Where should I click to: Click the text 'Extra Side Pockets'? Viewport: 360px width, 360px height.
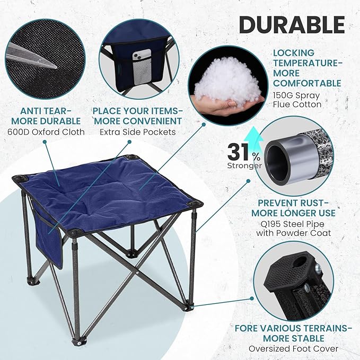click(138, 131)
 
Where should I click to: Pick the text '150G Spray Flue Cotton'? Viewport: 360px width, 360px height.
click(297, 100)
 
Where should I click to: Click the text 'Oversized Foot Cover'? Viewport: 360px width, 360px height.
click(293, 348)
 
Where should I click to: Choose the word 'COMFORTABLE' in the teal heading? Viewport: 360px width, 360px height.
click(308, 83)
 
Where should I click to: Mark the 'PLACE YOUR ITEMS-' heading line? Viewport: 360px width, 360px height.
click(138, 110)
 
